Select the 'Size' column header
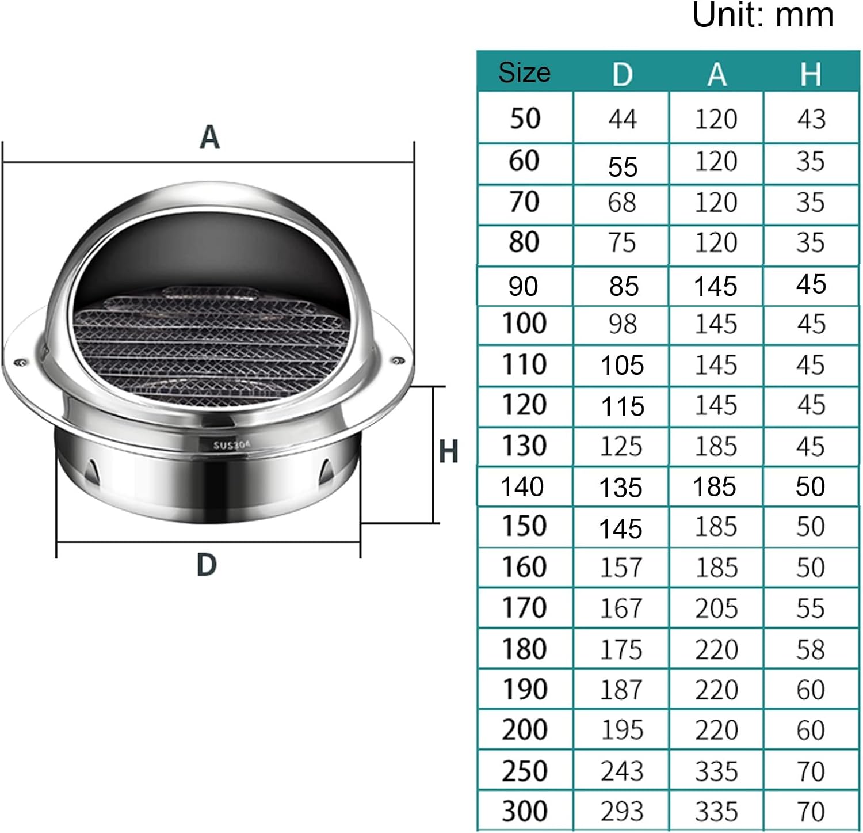pos(524,73)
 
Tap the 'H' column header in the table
pos(810,74)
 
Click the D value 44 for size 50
pos(622,119)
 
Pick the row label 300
pos(524,811)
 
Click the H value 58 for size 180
pos(810,649)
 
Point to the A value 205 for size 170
pos(716,608)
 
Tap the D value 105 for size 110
pos(622,365)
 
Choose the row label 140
pos(522,487)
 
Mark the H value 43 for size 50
pos(811,119)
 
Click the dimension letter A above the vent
pos(209,138)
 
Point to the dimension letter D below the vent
pos(207,565)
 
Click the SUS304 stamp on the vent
pos(232,445)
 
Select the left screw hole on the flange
pos(21,362)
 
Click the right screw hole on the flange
pos(396,361)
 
